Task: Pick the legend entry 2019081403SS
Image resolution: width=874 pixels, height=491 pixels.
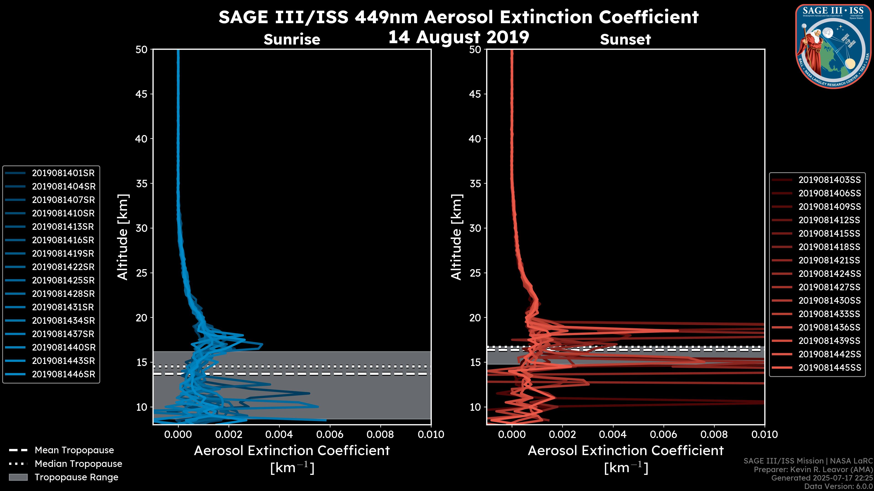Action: pos(829,180)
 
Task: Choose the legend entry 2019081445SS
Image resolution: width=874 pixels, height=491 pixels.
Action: pos(829,368)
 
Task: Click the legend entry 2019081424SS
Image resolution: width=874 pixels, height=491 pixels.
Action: pos(829,274)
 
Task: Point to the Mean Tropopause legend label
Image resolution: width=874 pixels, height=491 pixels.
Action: pos(74,450)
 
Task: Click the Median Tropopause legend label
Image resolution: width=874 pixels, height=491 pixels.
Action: pos(78,464)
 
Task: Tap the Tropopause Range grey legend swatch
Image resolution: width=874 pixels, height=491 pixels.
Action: pos(18,477)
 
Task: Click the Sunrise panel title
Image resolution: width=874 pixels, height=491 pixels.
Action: pos(292,40)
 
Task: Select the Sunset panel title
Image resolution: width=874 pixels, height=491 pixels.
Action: pos(625,40)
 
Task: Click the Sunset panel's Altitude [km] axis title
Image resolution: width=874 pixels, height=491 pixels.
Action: pos(457,237)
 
